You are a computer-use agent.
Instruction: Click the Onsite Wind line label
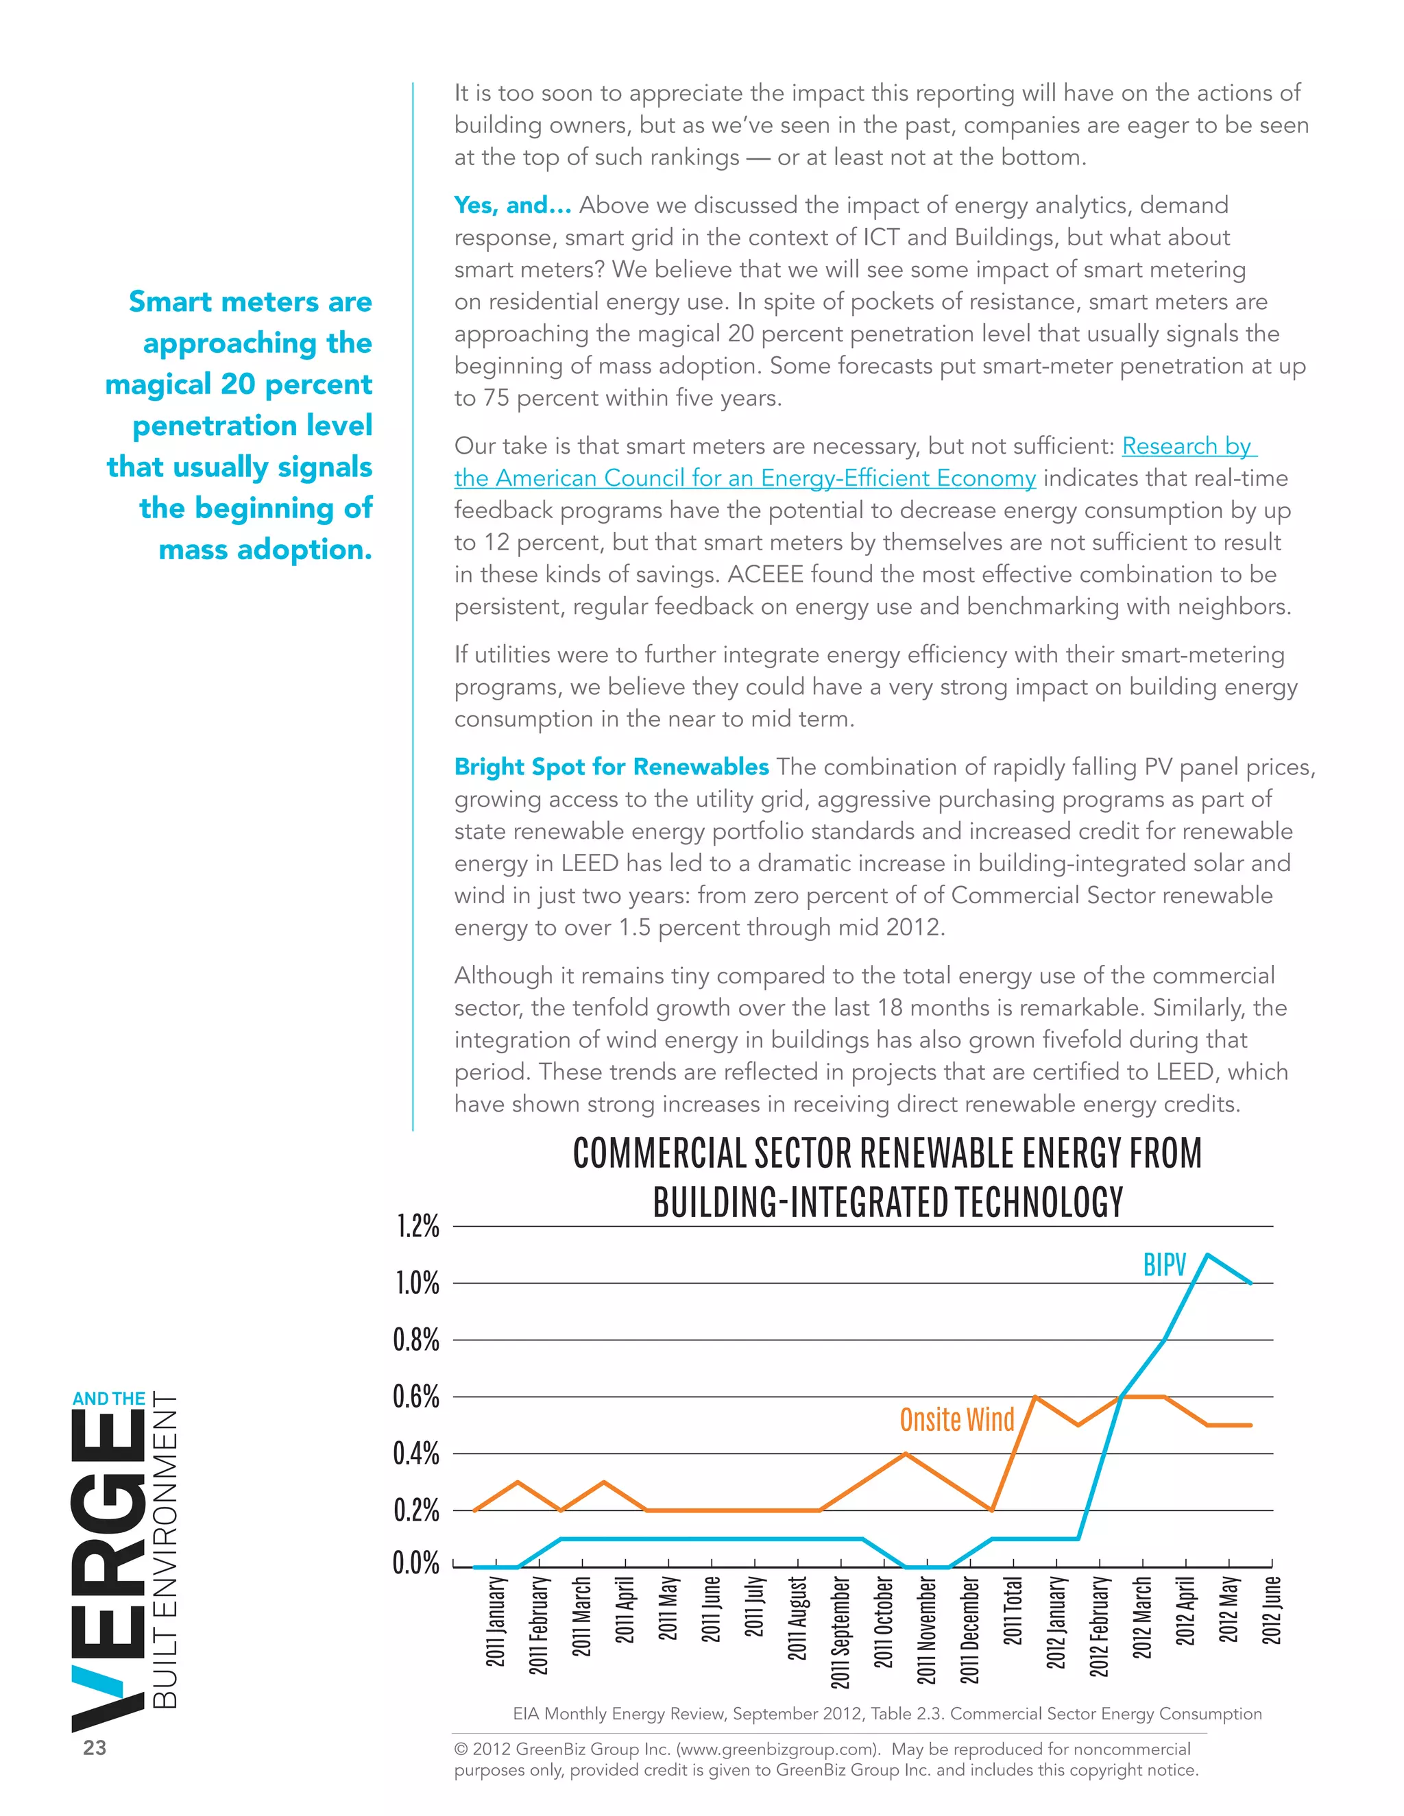956,1419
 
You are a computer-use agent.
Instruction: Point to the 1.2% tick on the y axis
417,1227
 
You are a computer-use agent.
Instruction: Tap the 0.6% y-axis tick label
416,1397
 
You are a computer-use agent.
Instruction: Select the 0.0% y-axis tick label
416,1563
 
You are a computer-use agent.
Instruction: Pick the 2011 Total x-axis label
1013,1610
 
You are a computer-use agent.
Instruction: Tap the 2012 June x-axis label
1272,1610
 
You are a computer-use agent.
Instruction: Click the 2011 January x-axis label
495,1621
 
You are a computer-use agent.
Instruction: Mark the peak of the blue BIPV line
1207,1255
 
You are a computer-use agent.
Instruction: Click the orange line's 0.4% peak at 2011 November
905,1453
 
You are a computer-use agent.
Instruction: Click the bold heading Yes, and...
512,206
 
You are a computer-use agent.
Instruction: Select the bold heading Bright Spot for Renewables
612,767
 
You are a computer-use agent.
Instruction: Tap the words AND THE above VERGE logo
108,1399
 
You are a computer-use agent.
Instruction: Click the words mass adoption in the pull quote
265,550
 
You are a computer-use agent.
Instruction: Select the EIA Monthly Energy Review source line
886,1714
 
